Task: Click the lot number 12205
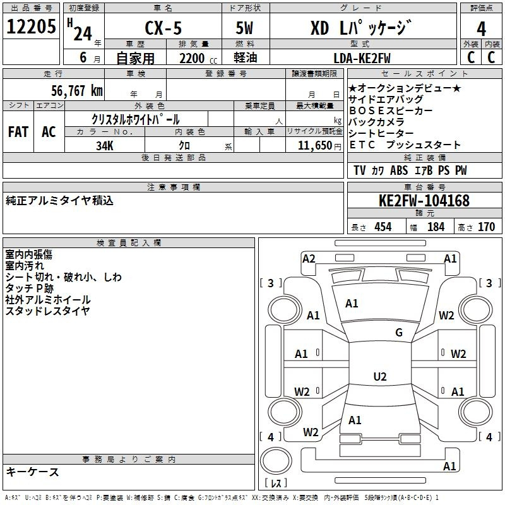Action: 31,27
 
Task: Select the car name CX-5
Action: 163,28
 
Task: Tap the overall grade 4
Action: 481,29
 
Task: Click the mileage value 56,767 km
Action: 77,91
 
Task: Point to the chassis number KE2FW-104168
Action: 424,201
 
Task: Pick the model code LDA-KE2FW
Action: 362,58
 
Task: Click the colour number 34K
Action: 105,146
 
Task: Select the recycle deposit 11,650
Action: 314,146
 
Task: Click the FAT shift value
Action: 18,132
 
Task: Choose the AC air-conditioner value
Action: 49,132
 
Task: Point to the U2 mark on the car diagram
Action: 380,376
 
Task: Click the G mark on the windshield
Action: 399,333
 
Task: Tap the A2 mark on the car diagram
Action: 309,259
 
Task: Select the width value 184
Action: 436,227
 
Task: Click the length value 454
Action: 383,227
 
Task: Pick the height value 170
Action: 486,227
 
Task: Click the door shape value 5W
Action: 244,28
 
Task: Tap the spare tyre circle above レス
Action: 276,460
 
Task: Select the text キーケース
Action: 33,472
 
